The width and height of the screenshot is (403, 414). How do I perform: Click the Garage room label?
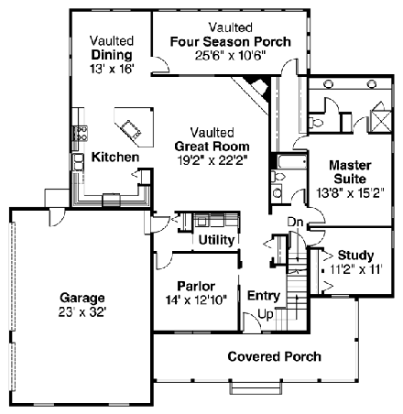coord(83,298)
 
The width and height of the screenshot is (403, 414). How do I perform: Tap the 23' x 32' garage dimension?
coord(83,311)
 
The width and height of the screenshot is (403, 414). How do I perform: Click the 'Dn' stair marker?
coord(295,222)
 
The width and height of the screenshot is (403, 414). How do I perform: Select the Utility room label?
coord(216,240)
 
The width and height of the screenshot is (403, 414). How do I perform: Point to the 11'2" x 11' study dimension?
coord(352,270)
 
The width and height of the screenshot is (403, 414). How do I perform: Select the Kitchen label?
coord(114,158)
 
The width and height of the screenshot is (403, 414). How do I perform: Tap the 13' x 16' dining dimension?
coord(113,69)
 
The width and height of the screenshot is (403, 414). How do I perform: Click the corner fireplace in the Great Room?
coord(258,90)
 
